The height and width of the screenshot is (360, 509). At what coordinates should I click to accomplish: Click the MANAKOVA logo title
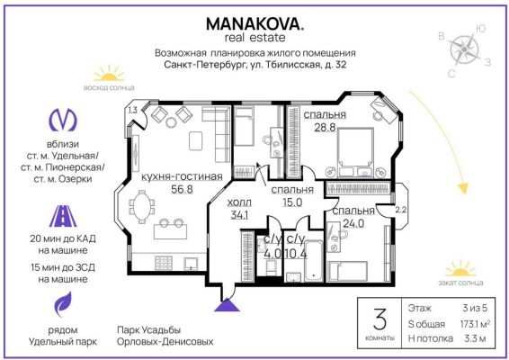pos(254,24)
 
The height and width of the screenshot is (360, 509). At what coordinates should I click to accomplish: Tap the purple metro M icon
pos(63,120)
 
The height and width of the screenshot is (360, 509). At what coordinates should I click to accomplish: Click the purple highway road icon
pos(63,216)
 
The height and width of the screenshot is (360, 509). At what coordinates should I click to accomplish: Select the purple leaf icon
pos(63,304)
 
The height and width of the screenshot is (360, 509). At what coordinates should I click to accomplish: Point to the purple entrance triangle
pos(227,305)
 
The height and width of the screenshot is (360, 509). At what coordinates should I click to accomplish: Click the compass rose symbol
pos(465,49)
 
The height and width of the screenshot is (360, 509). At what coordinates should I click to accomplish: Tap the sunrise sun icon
pos(109,74)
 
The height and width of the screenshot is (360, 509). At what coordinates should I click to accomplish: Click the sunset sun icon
pos(460,268)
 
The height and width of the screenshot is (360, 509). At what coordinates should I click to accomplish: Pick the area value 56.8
pos(183,189)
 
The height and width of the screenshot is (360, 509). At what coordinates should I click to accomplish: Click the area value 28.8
pos(325,127)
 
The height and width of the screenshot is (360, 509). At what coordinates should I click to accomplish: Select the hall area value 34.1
pos(239,215)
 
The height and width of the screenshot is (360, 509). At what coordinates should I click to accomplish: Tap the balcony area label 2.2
pos(400,210)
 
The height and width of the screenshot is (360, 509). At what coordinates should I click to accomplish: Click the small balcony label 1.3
pos(132,110)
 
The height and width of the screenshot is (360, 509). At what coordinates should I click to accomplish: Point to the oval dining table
pos(142,206)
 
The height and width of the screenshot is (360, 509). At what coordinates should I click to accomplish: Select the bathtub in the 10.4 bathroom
pos(314,261)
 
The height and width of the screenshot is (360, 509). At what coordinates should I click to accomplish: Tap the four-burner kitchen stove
pos(164,263)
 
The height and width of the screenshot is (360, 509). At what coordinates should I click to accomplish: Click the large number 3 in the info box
pos(380,319)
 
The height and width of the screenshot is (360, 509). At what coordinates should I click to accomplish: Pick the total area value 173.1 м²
pos(475,324)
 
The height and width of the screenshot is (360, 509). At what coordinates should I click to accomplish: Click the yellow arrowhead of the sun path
pos(463,188)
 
